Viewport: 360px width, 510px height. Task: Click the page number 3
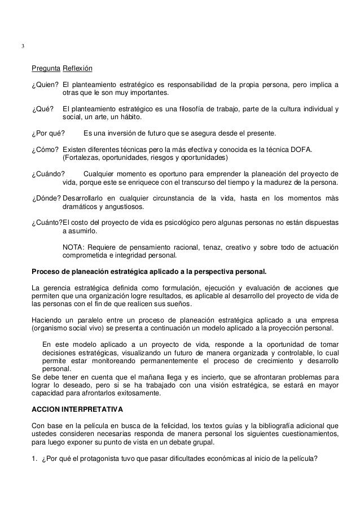tap(23, 46)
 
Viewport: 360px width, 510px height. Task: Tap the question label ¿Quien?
tap(45, 85)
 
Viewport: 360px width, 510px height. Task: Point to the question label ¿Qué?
tap(42, 109)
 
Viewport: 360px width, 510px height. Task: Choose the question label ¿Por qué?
tap(47, 133)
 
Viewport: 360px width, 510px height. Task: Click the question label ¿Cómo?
tap(45, 149)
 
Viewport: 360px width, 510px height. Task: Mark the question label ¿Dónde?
tap(46, 198)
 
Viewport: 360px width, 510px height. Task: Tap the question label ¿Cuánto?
tap(47, 222)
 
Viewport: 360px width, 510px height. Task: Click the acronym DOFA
tap(303, 149)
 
